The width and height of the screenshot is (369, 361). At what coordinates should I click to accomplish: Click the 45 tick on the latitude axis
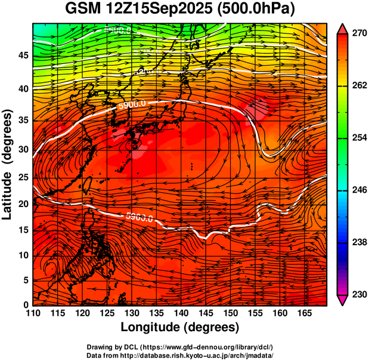click(x=23, y=55)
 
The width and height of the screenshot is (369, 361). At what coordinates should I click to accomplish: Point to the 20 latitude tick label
click(x=23, y=203)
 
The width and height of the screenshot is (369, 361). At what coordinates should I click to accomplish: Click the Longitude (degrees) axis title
click(x=180, y=328)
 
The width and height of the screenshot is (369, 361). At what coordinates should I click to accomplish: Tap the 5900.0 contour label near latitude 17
click(x=139, y=217)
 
